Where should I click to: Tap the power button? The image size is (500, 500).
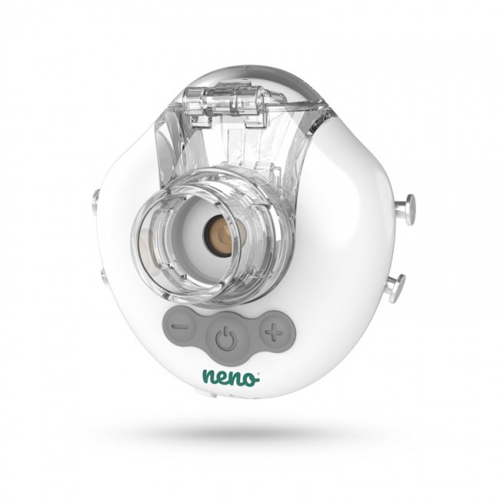click(224, 336)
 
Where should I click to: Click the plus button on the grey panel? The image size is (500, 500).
click(270, 332)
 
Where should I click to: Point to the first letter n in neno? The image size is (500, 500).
click(208, 377)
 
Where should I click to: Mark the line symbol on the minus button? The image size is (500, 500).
click(179, 326)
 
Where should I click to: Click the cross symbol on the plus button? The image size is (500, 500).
click(270, 332)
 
